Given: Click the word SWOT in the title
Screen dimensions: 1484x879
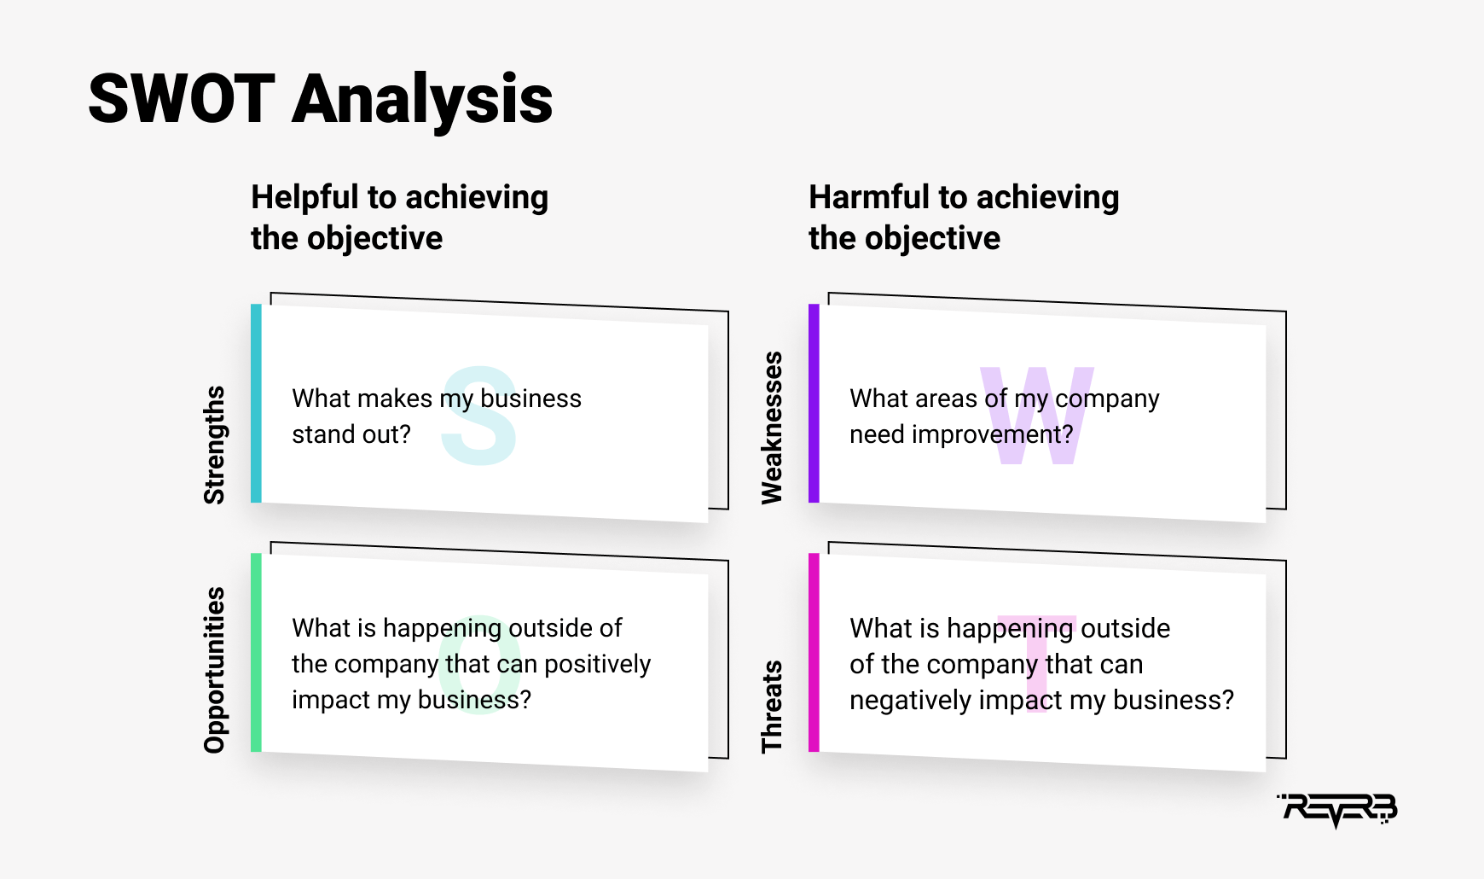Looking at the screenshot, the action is tap(182, 99).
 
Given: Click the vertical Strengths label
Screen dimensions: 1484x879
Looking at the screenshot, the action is tap(215, 445).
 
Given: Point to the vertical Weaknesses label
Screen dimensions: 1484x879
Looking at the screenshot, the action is tap(772, 428).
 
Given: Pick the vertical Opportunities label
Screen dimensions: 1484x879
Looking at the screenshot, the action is tap(215, 670).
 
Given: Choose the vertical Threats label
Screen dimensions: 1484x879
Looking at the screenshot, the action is tap(772, 707).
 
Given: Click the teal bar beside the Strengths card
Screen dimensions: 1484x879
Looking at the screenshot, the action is tap(256, 403).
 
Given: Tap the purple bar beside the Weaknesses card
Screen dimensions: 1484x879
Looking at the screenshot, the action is tap(814, 403).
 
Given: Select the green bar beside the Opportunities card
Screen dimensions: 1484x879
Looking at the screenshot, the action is tap(256, 652).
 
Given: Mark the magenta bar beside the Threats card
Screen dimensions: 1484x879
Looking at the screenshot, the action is tap(814, 652).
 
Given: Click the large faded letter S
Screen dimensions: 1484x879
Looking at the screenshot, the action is tap(479, 416).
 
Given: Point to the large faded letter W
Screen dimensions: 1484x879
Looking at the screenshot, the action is tap(1037, 416).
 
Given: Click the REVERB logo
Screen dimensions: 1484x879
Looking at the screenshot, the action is tap(1337, 809).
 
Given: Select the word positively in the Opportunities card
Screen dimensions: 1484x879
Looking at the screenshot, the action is tap(598, 665).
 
